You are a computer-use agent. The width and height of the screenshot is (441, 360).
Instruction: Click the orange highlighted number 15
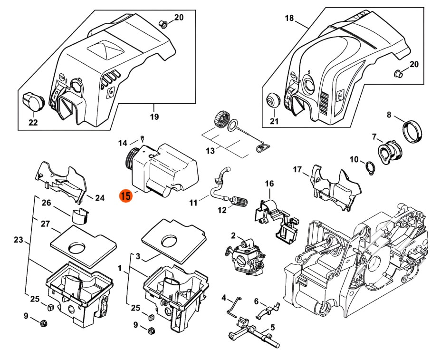126,196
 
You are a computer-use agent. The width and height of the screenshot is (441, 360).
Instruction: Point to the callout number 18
289,18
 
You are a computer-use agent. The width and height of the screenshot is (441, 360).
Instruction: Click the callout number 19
154,117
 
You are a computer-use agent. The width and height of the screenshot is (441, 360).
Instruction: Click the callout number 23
18,240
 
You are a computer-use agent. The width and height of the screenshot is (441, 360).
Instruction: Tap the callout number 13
210,151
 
